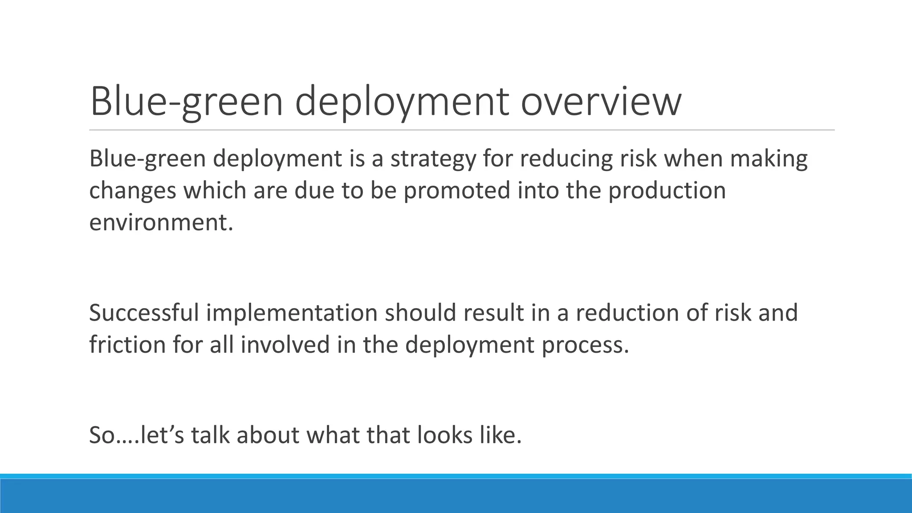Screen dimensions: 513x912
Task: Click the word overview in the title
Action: coord(601,102)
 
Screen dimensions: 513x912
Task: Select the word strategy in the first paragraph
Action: coord(432,159)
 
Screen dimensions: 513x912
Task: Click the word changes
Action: coord(133,191)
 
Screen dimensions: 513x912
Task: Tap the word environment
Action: coord(161,222)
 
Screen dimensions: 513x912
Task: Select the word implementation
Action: coord(291,313)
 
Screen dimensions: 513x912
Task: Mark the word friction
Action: coord(127,345)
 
